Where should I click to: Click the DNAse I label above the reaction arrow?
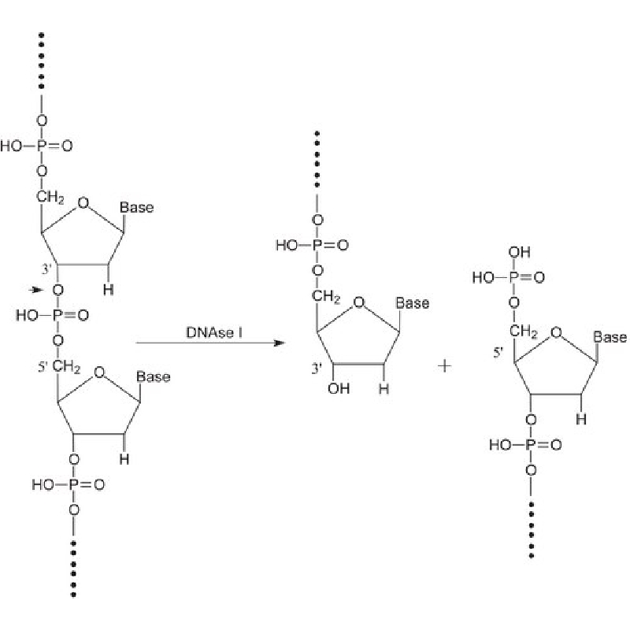pos(214,332)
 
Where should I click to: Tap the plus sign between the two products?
pos(444,366)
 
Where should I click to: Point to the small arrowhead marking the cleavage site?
pos(36,289)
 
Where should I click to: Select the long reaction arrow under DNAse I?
pos(210,343)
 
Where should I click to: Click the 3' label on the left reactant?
pos(46,269)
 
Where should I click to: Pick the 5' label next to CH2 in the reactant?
pos(43,367)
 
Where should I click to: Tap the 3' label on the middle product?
pos(317,369)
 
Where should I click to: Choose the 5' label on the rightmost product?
pos(498,353)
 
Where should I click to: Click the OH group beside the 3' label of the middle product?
pos(339,388)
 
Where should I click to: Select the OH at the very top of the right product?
pos(519,252)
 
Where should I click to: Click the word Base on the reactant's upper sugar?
pos(136,207)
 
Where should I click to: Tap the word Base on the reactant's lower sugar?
pos(153,377)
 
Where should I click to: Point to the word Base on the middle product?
pos(413,303)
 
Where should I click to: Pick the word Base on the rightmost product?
pos(610,337)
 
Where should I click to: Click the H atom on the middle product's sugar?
pos(384,388)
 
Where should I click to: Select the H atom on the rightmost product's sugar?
pos(581,420)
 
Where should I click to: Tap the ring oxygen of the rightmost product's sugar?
pos(557,332)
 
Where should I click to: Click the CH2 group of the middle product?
pos(326,297)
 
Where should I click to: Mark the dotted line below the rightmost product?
pos(531,529)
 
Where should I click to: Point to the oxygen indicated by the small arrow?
pos(57,290)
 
